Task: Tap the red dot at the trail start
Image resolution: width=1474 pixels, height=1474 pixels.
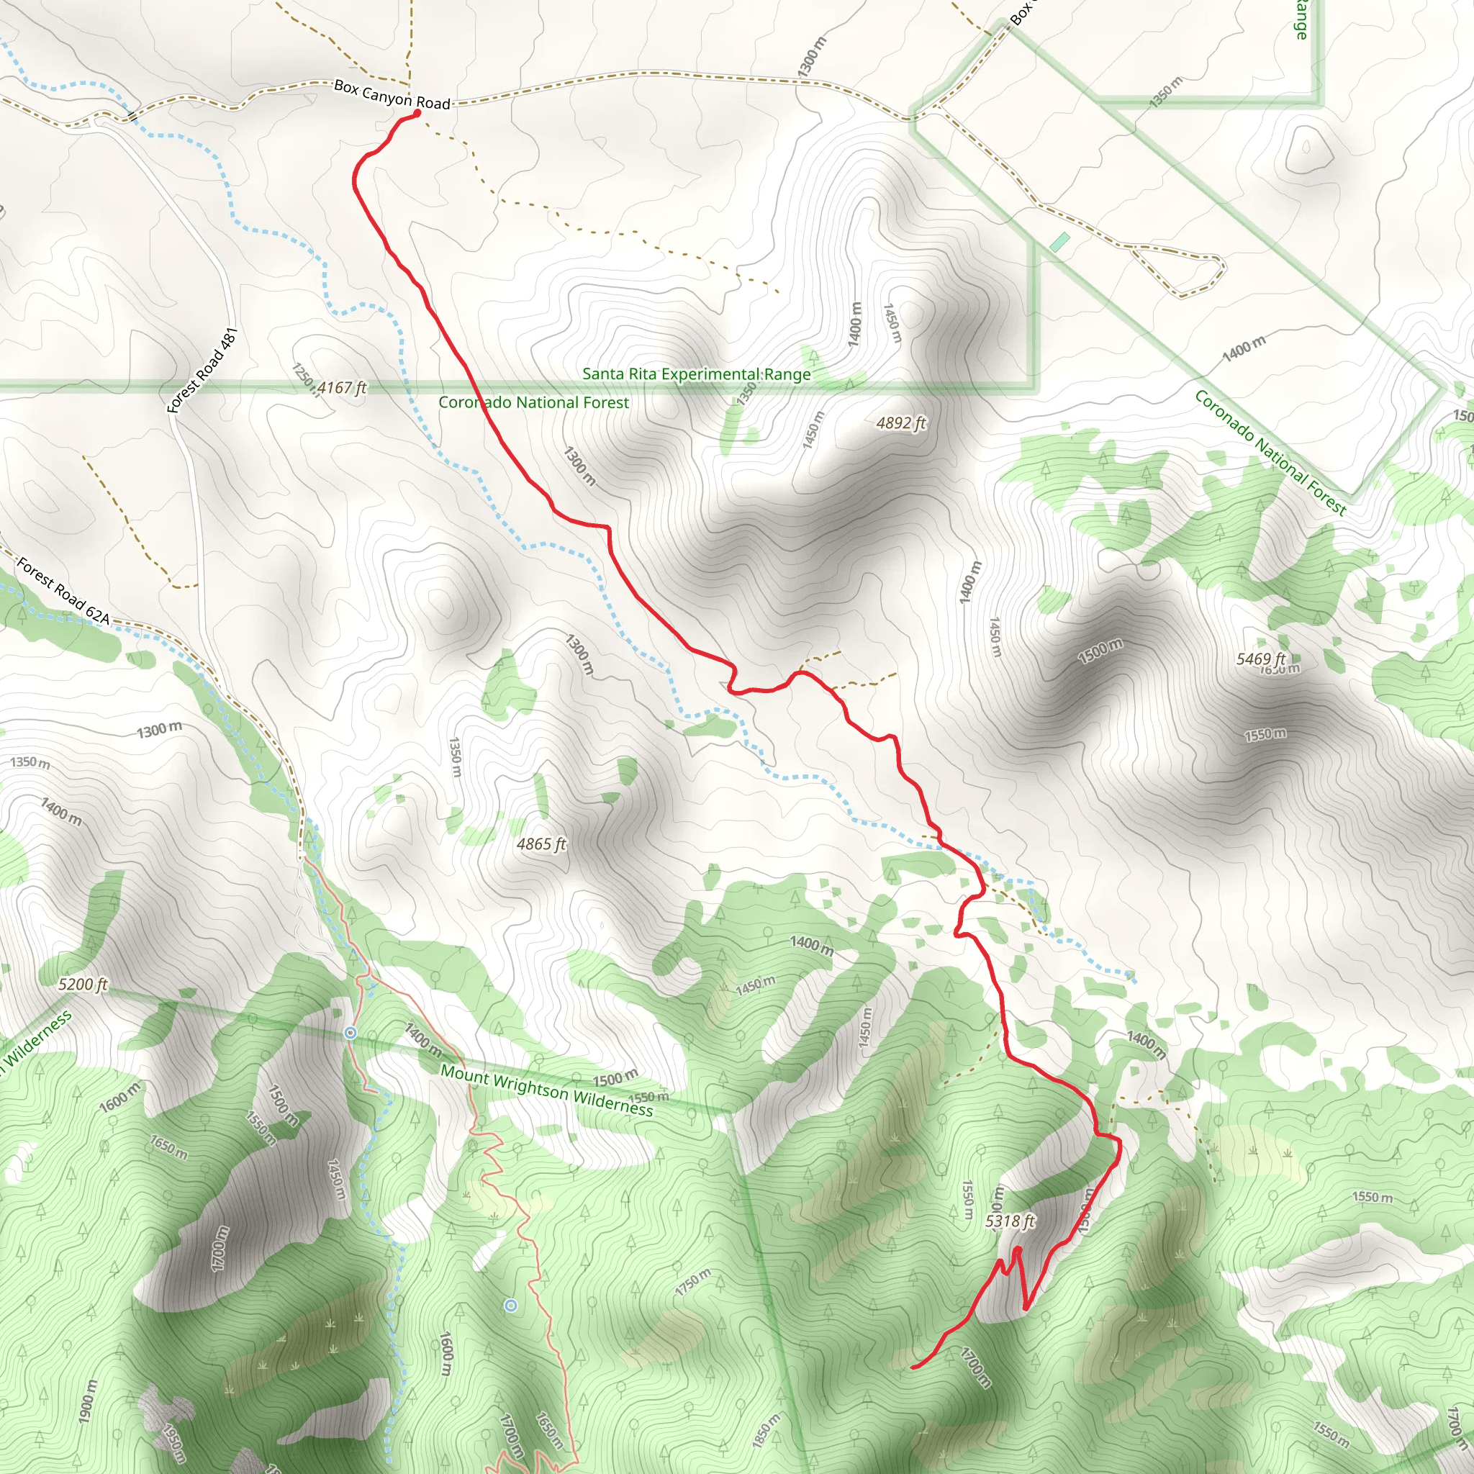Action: (x=417, y=114)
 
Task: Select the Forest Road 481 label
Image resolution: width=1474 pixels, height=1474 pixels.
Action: (x=203, y=371)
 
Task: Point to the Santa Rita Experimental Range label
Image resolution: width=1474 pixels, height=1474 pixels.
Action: (x=696, y=374)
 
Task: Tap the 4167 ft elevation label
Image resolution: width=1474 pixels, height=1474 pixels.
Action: (x=342, y=388)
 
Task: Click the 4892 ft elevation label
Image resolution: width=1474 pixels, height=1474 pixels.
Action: (x=901, y=422)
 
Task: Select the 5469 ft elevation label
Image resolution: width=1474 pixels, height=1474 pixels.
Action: (x=1260, y=659)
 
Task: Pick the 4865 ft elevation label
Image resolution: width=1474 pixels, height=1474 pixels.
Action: (x=541, y=844)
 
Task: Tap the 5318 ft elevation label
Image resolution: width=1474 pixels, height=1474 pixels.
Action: (x=1009, y=1221)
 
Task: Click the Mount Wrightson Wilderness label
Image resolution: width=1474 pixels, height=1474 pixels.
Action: (x=547, y=1091)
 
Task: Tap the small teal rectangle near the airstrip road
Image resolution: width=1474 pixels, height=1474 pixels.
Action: (x=1059, y=243)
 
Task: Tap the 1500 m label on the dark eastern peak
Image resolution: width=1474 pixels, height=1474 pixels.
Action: (x=1100, y=651)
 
